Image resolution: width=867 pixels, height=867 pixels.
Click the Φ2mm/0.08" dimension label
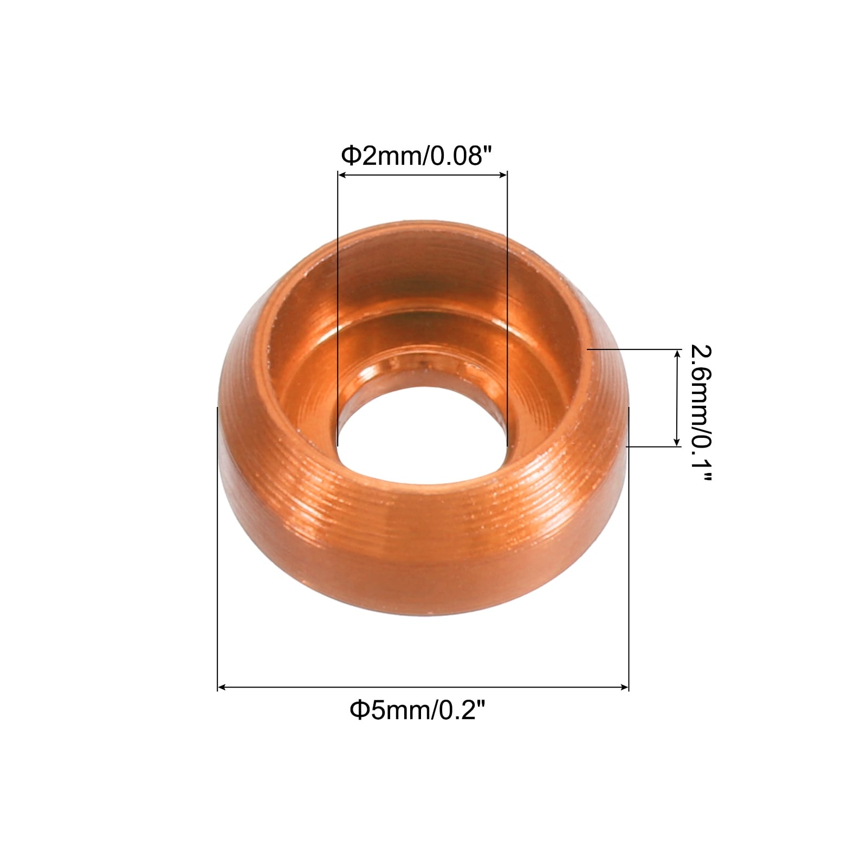(x=416, y=157)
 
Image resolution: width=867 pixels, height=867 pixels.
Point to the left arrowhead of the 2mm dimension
(x=342, y=174)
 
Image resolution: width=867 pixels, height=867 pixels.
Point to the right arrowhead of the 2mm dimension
(x=503, y=174)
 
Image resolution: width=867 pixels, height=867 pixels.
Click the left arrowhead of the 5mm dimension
(x=222, y=688)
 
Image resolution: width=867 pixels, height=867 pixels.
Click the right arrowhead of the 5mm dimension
(x=624, y=688)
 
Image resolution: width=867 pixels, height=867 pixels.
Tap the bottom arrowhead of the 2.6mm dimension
(x=676, y=442)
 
